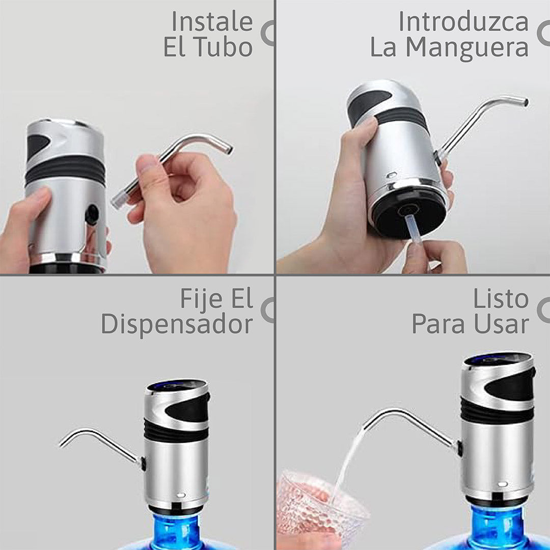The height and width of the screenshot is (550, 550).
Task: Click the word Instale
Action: (x=212, y=22)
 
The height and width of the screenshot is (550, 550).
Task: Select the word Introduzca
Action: (x=463, y=22)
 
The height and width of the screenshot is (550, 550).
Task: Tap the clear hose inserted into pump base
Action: (x=412, y=229)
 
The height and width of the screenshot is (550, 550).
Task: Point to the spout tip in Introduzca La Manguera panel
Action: (x=525, y=102)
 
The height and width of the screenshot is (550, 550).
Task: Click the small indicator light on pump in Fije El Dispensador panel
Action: (x=181, y=496)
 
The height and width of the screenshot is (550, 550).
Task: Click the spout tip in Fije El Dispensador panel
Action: (x=63, y=444)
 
